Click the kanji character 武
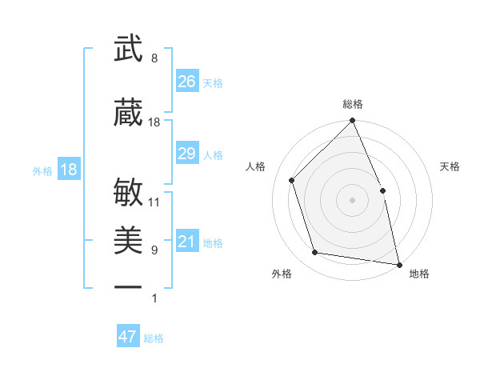point(129,49)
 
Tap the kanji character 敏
point(129,192)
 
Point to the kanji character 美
point(129,241)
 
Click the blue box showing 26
point(187,82)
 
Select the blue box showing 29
point(187,154)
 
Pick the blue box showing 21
point(187,242)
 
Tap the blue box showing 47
point(128,337)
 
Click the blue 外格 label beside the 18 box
point(42,170)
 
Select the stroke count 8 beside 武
point(154,58)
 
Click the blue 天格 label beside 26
point(213,83)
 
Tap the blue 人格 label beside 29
point(213,155)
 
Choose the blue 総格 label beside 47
point(154,338)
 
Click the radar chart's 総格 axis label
point(353,104)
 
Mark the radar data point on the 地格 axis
point(398,264)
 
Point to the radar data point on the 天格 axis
point(382,190)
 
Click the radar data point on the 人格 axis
point(292,180)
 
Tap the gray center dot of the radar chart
point(352,200)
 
